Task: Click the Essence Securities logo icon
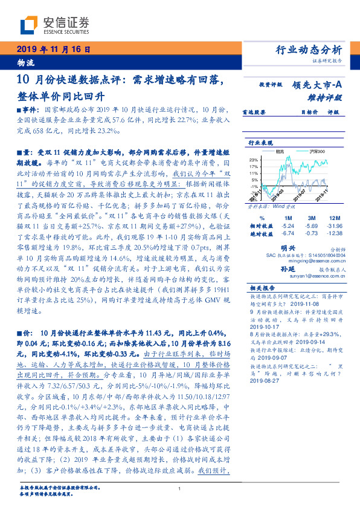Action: pos(28,25)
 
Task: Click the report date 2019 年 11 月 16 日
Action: pos(51,50)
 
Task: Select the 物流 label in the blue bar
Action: pos(25,62)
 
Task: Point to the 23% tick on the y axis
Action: pos(253,158)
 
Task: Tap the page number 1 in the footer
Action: pos(180,489)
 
